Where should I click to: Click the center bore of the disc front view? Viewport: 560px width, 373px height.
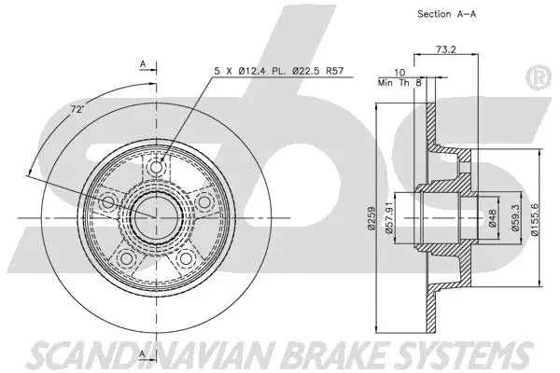(x=155, y=216)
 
